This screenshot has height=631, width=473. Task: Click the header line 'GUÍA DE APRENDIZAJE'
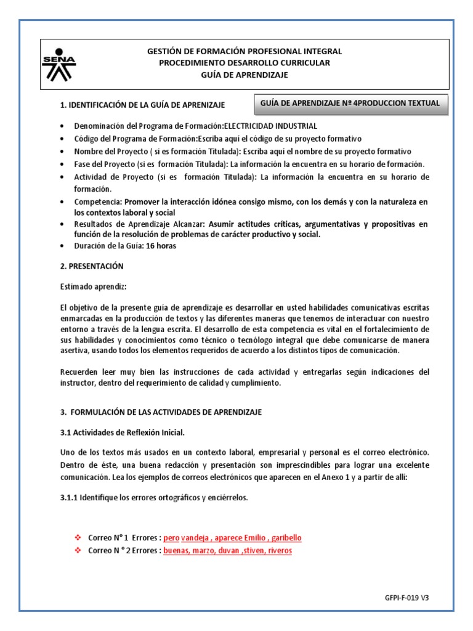(245, 75)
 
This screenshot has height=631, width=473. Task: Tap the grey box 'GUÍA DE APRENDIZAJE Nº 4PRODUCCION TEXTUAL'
(351, 104)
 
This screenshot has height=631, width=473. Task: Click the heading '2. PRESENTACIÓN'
(92, 266)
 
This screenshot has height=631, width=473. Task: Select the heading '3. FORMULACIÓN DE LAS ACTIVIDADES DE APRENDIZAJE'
(161, 412)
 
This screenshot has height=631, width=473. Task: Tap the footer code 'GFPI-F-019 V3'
(406, 598)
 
